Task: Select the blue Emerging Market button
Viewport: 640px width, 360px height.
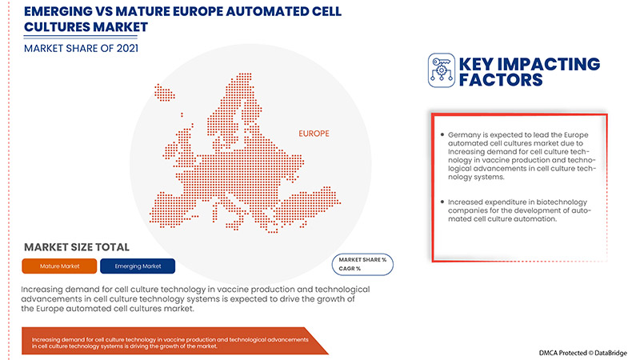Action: pos(138,266)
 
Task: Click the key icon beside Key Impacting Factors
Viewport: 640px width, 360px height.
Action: pos(441,69)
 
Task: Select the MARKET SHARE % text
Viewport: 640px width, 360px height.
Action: pos(362,260)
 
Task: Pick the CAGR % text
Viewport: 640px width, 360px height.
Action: pos(353,269)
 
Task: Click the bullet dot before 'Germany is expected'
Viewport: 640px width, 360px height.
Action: pos(441,135)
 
